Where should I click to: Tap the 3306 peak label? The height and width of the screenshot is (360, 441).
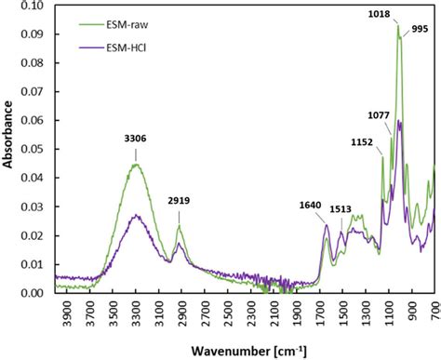tap(136, 139)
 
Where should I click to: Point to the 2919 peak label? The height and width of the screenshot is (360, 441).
tap(180, 199)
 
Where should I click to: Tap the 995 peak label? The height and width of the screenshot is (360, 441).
tap(420, 28)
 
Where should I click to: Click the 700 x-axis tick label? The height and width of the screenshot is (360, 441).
tap(434, 313)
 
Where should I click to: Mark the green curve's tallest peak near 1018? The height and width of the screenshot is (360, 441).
tap(398, 26)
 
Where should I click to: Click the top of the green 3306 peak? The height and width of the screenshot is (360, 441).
tap(136, 165)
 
